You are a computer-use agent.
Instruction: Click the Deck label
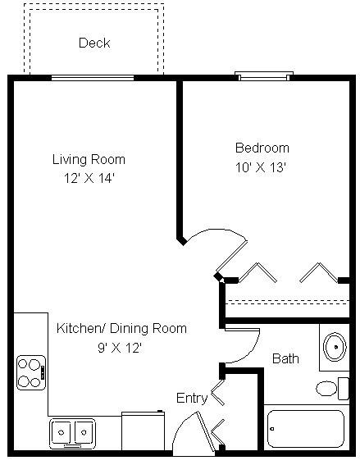pos(94,43)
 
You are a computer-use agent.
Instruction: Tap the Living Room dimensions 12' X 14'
pos(89,179)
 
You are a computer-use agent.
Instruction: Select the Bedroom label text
pos(262,148)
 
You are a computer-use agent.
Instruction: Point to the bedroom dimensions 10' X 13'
pos(260,167)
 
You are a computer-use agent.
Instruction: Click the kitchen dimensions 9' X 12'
pos(120,348)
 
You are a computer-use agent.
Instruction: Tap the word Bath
pos(285,358)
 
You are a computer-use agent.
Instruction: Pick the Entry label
pos(192,398)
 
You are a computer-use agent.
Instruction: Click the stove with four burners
pos(31,373)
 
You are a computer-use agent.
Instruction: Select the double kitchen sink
pos(73,433)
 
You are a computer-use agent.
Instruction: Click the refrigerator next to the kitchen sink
pos(143,431)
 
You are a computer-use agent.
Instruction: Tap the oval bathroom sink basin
pos(335,347)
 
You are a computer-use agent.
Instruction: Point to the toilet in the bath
pos(332,389)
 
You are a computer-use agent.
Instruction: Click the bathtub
pos(306,429)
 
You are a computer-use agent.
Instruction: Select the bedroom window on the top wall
pos(264,76)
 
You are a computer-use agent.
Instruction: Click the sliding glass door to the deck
pos(93,78)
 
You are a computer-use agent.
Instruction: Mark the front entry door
pos(205,431)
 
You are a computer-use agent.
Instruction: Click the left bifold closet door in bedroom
pos(257,272)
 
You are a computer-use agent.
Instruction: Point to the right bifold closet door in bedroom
pos(319,272)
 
